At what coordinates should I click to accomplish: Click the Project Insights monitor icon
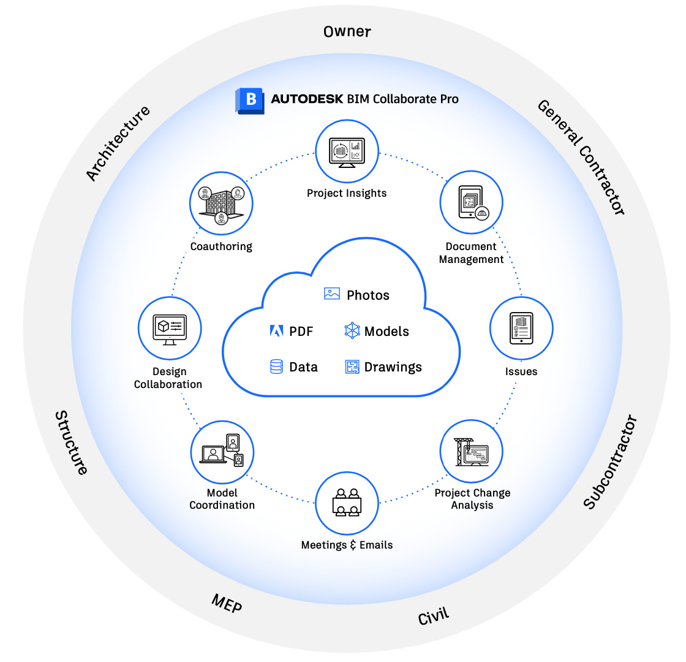(347, 150)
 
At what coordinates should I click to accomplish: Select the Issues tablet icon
(521, 328)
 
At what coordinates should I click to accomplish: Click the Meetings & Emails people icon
(347, 502)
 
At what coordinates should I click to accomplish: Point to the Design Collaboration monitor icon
(169, 328)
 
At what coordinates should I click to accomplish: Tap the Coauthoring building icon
(222, 202)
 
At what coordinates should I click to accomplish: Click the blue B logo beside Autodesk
(249, 100)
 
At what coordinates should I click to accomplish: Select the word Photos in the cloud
(367, 295)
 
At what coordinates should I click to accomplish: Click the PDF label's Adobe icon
(276, 332)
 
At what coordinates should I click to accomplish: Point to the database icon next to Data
(276, 367)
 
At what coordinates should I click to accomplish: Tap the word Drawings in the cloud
(393, 367)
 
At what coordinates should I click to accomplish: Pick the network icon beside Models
(352, 332)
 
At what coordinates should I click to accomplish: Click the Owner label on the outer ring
(347, 31)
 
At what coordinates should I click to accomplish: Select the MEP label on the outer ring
(227, 603)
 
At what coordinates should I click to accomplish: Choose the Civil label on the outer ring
(434, 615)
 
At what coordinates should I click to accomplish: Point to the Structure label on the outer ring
(72, 443)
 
